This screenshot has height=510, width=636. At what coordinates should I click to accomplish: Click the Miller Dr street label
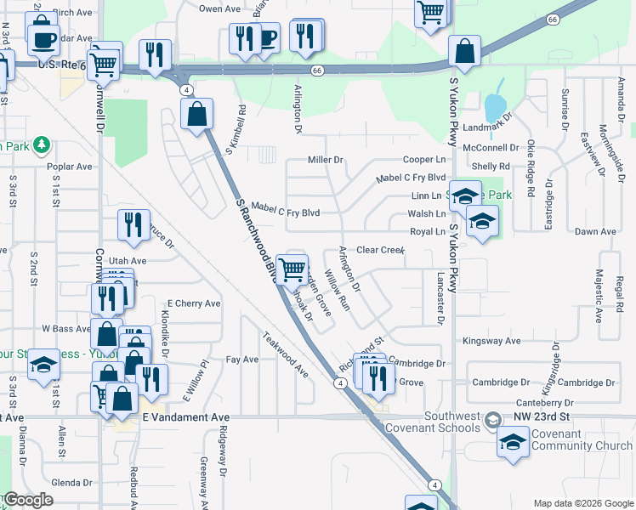coord(325,160)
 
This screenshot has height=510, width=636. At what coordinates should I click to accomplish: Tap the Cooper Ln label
coord(423,160)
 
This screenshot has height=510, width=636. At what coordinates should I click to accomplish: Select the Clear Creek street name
coord(380,250)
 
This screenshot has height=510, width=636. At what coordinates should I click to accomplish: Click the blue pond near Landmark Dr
coord(493,107)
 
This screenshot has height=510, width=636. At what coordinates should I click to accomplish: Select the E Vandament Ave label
coord(186,417)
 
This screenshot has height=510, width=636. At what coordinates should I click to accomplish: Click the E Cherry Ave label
coord(193,303)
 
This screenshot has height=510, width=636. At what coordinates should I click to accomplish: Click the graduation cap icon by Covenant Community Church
coord(513,442)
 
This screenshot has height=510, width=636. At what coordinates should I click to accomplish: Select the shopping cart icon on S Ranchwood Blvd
coord(292,269)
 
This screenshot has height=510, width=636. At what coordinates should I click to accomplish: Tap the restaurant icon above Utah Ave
coord(133,224)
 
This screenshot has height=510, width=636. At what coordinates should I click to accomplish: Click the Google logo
coord(27,500)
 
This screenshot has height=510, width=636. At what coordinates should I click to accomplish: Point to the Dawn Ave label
coord(595,231)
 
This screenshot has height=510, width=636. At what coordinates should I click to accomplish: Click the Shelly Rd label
coord(491,167)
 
